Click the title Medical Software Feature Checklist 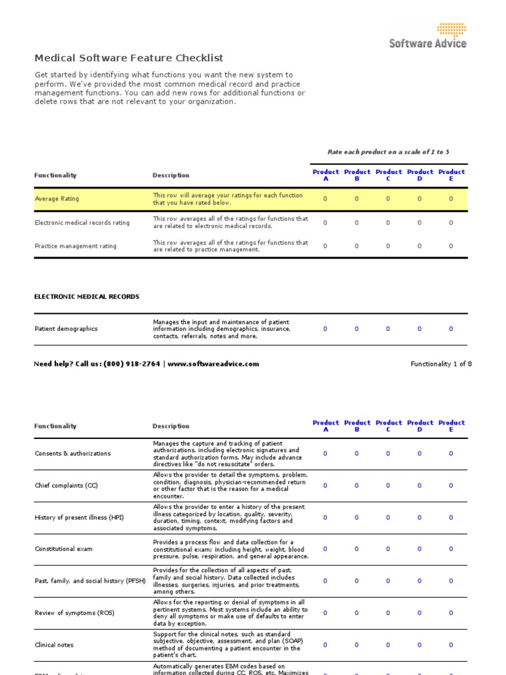(128, 59)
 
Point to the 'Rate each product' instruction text (388, 152)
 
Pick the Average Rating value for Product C (388, 198)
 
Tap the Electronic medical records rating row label (82, 223)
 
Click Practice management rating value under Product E (451, 246)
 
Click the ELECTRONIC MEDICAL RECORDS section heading (86, 297)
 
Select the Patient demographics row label (66, 329)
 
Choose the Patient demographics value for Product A (325, 329)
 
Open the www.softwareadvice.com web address (213, 364)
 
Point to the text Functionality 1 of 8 (441, 364)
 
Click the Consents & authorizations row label (72, 454)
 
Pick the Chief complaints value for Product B (356, 486)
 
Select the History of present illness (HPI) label (78, 517)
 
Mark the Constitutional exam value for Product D (420, 549)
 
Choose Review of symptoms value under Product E (451, 613)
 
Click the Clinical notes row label (54, 645)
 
